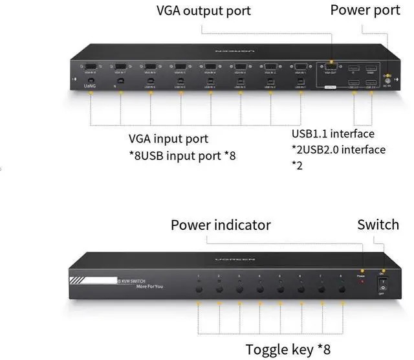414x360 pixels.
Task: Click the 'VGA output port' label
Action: [203, 11]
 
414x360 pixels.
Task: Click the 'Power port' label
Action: [366, 10]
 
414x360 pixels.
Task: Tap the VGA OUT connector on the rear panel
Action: [330, 66]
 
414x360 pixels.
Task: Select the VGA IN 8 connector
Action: [90, 66]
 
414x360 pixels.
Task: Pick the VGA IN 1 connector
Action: [300, 66]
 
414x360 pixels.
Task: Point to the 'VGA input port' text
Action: [168, 139]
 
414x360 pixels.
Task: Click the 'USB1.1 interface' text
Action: [333, 134]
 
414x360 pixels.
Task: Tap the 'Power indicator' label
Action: [221, 225]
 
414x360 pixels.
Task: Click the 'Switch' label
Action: [378, 225]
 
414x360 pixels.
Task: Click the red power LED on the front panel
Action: [362, 270]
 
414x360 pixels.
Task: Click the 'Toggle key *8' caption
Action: [288, 349]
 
